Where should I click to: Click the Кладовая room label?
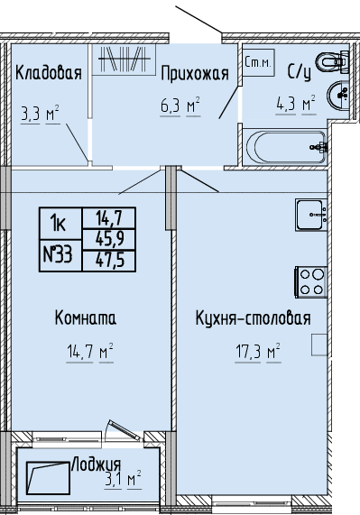click(49, 72)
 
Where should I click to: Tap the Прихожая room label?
click(195, 73)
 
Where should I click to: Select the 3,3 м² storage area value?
click(40, 115)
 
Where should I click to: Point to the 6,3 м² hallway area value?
click(180, 106)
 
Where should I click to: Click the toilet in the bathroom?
click(332, 61)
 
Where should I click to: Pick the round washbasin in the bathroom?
click(337, 95)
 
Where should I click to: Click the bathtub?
click(286, 148)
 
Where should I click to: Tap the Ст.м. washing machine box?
click(259, 63)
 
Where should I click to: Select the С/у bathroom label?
click(299, 72)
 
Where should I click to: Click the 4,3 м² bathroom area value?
click(296, 104)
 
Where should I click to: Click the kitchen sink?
click(311, 215)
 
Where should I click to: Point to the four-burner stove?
click(310, 282)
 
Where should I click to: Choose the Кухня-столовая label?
click(254, 318)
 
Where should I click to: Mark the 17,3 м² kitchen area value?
click(258, 352)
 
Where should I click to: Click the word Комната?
click(86, 318)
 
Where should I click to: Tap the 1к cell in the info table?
click(60, 224)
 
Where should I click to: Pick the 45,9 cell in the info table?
click(109, 239)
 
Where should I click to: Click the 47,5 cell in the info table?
click(109, 261)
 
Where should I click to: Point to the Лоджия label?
click(96, 464)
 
